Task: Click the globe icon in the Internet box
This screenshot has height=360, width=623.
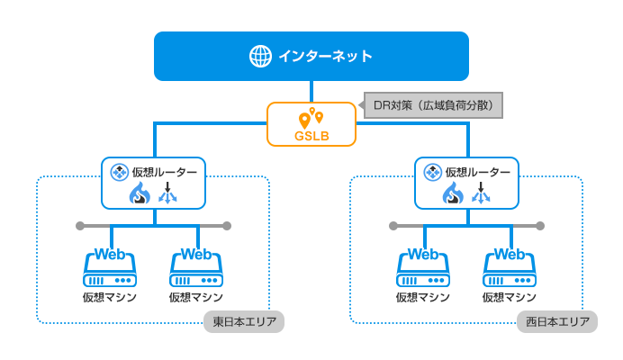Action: tap(260, 56)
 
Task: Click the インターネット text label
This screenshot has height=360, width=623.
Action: tap(325, 56)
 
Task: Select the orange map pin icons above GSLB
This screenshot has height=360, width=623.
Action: tap(311, 118)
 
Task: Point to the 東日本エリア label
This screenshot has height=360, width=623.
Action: tap(243, 321)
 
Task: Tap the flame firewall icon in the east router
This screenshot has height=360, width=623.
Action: tap(140, 193)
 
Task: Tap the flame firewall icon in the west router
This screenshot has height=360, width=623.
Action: tap(453, 193)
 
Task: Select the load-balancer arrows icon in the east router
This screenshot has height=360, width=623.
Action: tap(167, 193)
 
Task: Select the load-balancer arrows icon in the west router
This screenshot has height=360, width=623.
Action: tap(481, 193)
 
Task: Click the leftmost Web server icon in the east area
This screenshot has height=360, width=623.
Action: tap(110, 267)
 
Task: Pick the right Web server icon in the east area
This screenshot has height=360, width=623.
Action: tap(196, 267)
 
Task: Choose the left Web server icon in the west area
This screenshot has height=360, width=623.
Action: tap(423, 267)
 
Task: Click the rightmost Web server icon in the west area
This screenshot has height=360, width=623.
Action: tap(510, 267)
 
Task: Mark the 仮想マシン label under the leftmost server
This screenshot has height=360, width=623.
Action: tap(110, 297)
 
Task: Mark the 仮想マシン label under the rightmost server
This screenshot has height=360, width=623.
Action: tap(510, 297)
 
